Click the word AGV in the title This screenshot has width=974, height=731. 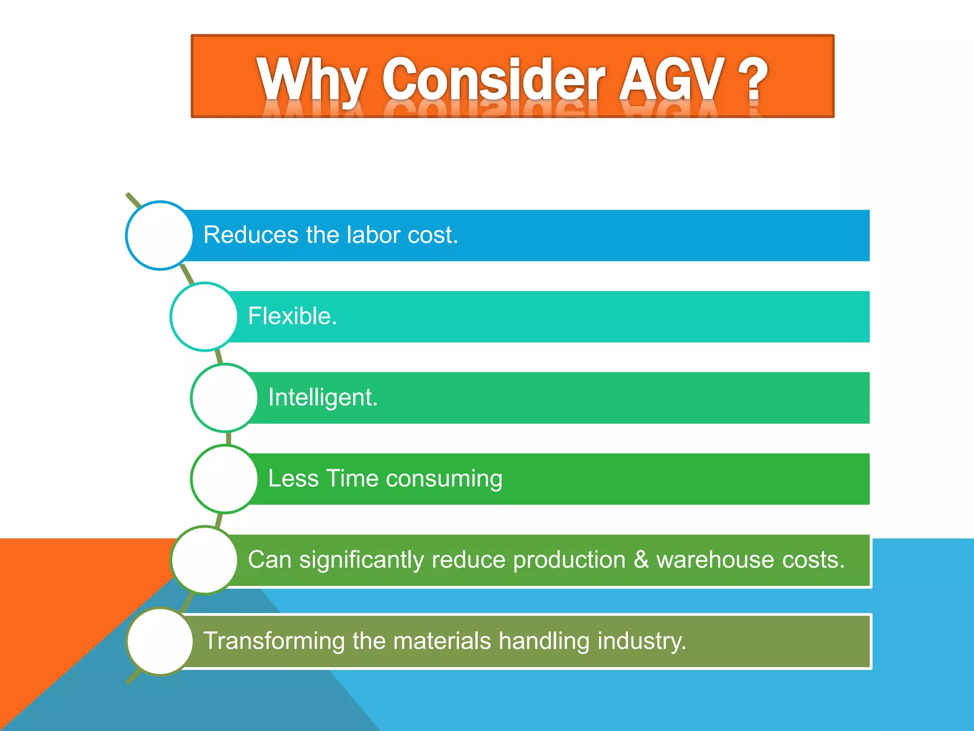coord(670,79)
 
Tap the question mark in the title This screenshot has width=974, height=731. coord(753,79)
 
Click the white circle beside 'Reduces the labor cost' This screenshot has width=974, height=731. coord(160,236)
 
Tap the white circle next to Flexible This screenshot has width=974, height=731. coord(204,316)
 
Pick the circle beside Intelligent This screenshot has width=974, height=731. coord(224,398)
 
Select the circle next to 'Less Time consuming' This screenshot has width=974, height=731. coord(224,479)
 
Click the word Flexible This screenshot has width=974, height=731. coord(292,316)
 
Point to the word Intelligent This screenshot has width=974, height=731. coord(322,397)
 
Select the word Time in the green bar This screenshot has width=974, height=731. coord(351,478)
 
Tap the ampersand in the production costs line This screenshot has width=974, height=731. coord(641,559)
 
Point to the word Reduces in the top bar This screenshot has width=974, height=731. coord(251,235)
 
